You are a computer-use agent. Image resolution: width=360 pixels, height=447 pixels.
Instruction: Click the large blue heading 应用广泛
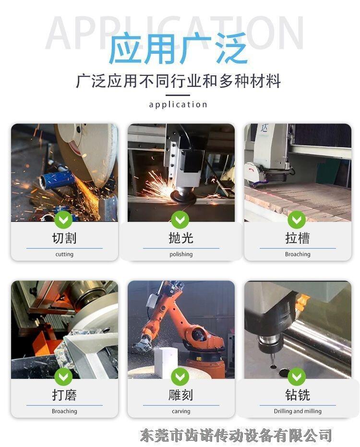click(178, 48)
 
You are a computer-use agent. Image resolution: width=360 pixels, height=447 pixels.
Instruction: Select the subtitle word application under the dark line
click(178, 105)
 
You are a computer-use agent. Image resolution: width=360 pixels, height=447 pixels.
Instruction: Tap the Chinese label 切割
click(64, 238)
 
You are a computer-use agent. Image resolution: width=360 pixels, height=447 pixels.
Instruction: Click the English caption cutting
click(64, 254)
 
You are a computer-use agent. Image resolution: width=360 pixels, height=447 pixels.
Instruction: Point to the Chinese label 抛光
click(181, 238)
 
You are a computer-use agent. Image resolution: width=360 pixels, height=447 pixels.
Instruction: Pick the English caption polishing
click(181, 254)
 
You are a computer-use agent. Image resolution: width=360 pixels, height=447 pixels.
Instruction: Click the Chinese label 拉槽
click(298, 238)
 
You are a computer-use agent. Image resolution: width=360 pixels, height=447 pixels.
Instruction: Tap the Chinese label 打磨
click(64, 395)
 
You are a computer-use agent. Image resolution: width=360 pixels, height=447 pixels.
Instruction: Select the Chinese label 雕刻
click(181, 395)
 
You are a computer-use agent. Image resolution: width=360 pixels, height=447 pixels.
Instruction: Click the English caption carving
click(181, 411)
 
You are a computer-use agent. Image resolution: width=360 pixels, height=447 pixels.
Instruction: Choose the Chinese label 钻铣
click(298, 395)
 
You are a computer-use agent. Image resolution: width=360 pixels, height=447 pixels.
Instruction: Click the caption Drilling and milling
click(298, 411)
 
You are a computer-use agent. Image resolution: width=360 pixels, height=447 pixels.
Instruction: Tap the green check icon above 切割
click(63, 219)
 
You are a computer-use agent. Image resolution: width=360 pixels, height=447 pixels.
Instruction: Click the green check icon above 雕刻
click(180, 376)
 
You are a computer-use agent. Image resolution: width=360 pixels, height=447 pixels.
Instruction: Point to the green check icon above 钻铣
click(297, 376)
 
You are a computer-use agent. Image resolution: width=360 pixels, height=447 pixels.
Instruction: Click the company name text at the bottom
click(236, 435)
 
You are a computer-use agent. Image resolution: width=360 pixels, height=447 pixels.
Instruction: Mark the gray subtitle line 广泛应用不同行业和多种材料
click(179, 81)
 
